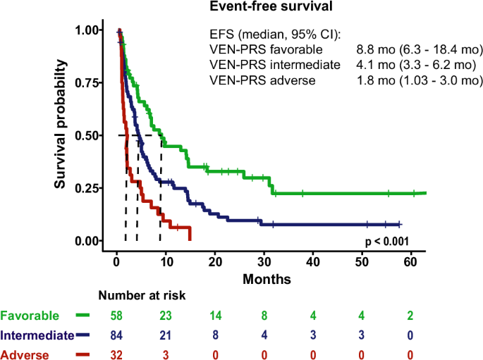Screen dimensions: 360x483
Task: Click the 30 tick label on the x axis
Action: click(x=263, y=261)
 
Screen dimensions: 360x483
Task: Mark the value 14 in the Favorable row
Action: click(x=214, y=316)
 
